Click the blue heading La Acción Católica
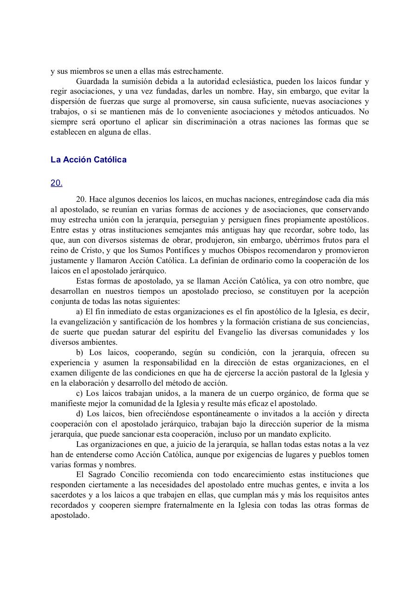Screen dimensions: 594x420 [x=88, y=160]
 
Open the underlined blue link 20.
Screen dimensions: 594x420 [x=56, y=183]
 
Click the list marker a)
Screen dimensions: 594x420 [x=79, y=312]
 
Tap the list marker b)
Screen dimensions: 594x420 [x=79, y=352]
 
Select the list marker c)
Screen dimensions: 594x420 [x=79, y=393]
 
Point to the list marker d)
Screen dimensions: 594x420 [x=79, y=413]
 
